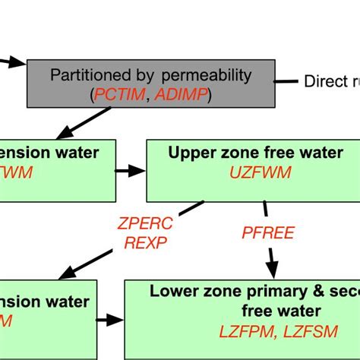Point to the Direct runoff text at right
[x=331, y=81]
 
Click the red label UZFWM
[x=254, y=173]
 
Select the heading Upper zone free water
[x=254, y=153]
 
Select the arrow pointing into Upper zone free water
[x=131, y=170]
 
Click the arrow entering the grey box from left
[x=13, y=62]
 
